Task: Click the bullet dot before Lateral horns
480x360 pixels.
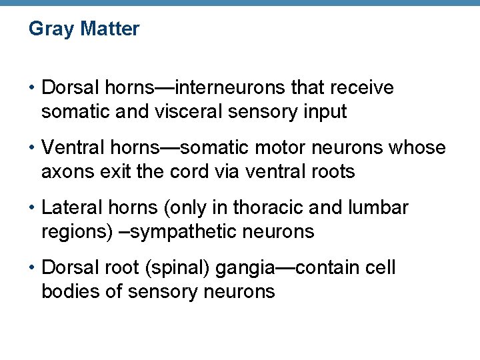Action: pos(32,208)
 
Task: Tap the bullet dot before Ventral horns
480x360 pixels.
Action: pos(32,148)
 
